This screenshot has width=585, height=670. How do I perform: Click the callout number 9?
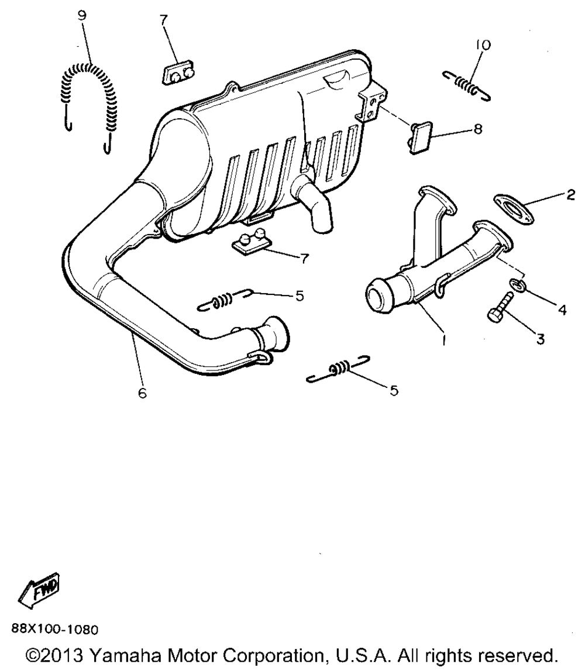82,15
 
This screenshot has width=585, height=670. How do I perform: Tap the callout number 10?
483,44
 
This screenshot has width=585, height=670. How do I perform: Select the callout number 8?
478,128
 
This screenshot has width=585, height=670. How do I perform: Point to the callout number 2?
570,195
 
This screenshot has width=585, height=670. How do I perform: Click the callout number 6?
142,393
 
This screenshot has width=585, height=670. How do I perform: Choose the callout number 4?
562,310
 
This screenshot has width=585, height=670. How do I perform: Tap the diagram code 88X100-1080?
55,630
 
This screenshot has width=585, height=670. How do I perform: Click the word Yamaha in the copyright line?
128,655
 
